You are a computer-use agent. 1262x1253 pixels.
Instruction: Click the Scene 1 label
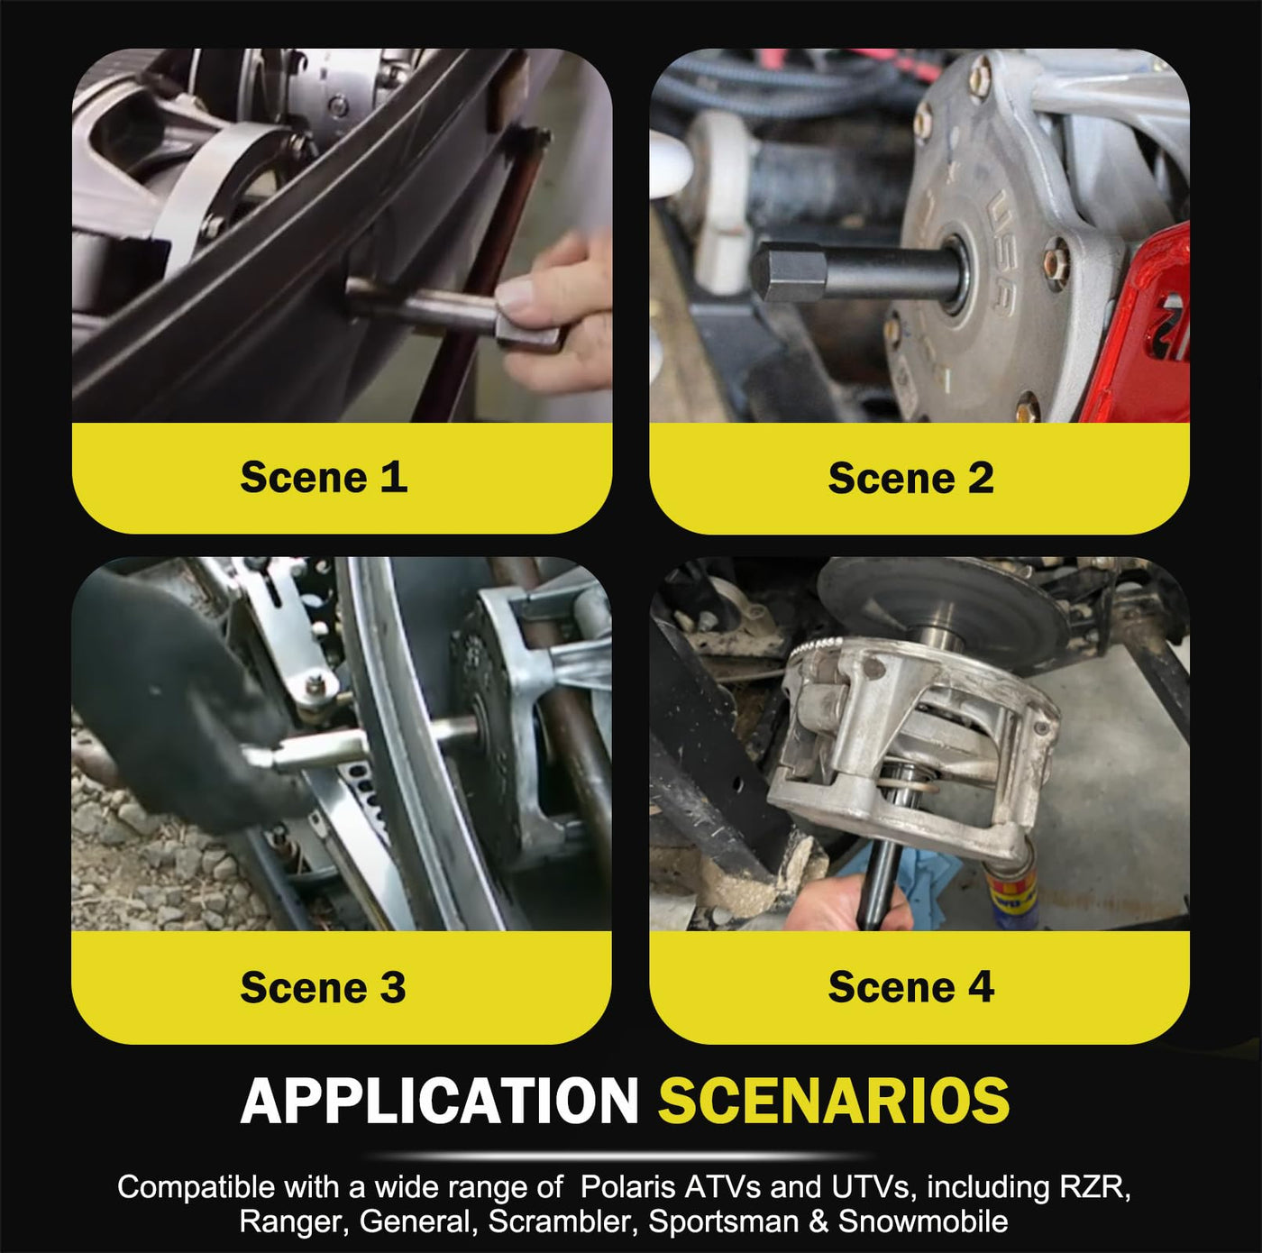click(x=324, y=477)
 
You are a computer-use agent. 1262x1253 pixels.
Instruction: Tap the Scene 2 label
click(x=911, y=478)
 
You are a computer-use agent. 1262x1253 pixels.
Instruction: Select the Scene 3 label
click(x=323, y=987)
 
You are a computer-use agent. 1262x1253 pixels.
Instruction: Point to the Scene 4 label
click(x=911, y=986)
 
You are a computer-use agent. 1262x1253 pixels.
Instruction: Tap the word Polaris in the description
click(x=627, y=1187)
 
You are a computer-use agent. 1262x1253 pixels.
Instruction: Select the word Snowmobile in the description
click(x=923, y=1221)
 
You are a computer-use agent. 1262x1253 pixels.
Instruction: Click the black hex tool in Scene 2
click(x=859, y=271)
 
